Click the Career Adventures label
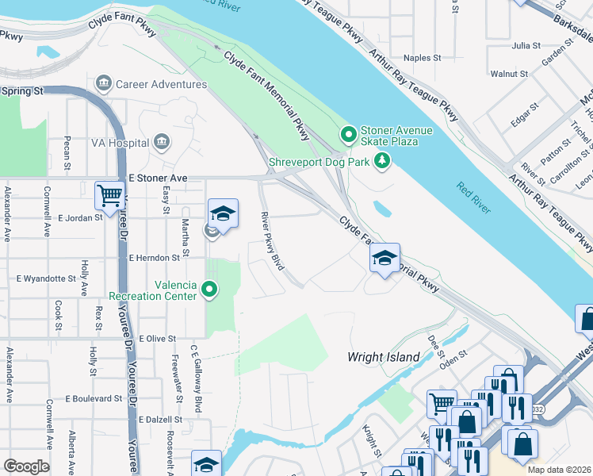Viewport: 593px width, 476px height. point(161,84)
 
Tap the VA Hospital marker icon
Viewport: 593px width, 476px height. point(162,143)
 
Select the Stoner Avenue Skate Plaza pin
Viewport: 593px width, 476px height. point(346,134)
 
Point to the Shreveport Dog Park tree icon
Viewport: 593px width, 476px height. point(383,162)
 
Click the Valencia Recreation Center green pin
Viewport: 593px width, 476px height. point(209,290)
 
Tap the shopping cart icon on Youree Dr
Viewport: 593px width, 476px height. point(109,195)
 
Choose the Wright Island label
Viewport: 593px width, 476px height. point(384,357)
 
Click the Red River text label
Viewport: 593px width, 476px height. point(473,198)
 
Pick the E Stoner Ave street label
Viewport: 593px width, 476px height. point(158,178)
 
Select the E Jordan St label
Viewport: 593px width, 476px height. point(82,217)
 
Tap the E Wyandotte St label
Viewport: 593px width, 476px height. point(46,279)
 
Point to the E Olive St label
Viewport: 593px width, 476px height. point(157,339)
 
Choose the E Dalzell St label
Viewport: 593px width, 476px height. point(160,419)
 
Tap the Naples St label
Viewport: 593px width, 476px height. point(422,58)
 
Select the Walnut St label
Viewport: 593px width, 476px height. point(509,74)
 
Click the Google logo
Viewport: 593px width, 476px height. point(26,466)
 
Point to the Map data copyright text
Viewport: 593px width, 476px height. point(559,470)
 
